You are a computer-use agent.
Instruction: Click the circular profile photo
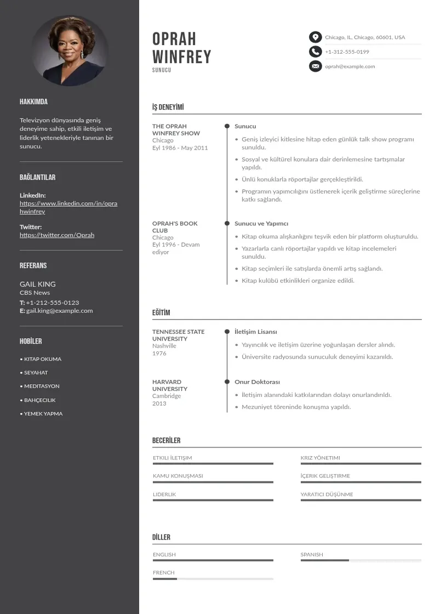70,50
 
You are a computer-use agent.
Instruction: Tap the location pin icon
315,37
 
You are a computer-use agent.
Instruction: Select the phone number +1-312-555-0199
347,52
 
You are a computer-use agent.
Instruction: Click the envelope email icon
315,66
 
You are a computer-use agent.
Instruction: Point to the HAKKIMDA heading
33,102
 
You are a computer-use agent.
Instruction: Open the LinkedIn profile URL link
68,207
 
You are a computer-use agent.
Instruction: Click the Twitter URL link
57,235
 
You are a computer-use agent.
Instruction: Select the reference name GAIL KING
38,284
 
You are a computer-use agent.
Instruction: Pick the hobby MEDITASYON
42,386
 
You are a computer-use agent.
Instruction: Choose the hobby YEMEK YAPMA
43,414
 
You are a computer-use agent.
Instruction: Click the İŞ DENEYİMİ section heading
168,107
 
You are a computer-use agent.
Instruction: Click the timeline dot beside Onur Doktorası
227,382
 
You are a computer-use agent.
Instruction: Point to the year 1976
159,354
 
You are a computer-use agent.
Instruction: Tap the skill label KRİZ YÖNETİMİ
320,458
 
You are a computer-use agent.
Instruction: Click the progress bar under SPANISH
360,560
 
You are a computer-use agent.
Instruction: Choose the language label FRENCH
164,572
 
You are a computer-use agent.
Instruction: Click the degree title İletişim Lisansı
256,332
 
